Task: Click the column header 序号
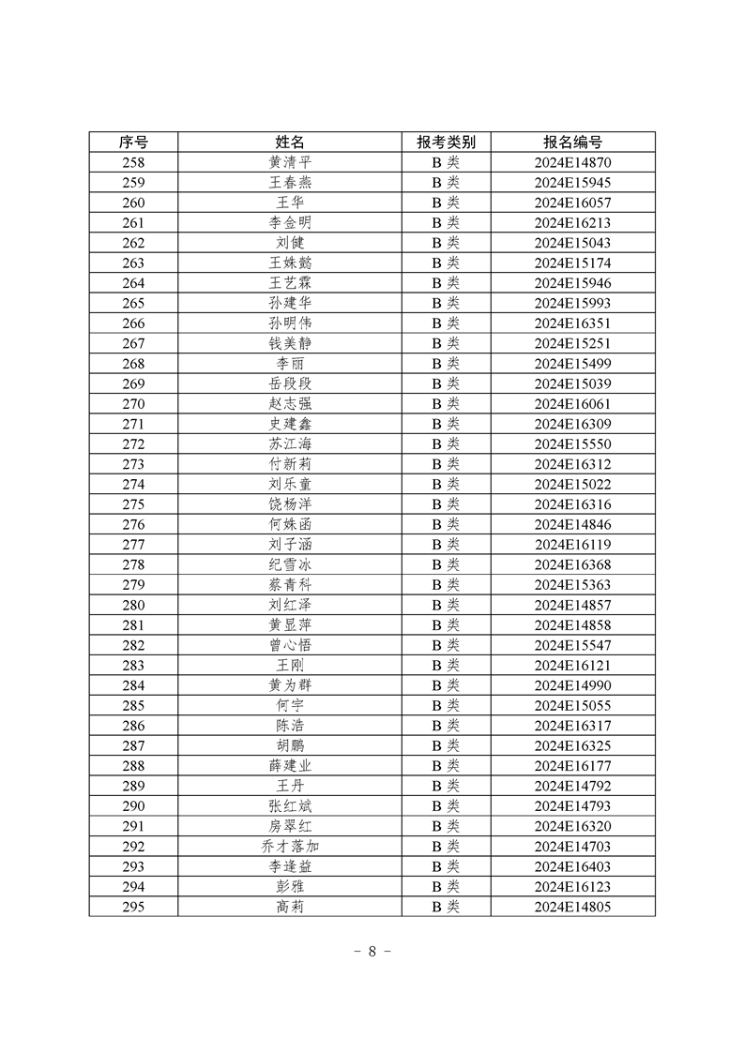[x=133, y=142]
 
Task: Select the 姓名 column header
[x=290, y=142]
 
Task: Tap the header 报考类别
[x=446, y=142]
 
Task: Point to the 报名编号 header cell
[x=572, y=142]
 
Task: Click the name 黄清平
[x=290, y=162]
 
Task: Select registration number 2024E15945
[x=572, y=182]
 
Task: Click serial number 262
[x=133, y=242]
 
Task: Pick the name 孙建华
[x=290, y=303]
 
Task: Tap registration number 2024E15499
[x=572, y=363]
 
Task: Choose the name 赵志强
[x=290, y=403]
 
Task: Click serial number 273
[x=133, y=464]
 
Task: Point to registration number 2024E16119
[x=572, y=544]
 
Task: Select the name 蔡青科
[x=290, y=584]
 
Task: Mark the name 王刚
[x=290, y=665]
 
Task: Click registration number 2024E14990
[x=572, y=685]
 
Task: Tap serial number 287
[x=133, y=745]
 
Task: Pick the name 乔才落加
[x=290, y=846]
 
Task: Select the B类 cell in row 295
[x=446, y=907]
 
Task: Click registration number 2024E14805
[x=572, y=907]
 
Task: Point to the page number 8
[x=372, y=951]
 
